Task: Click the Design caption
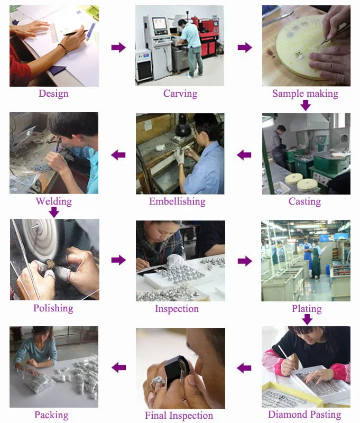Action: [53, 94]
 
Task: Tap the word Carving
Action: [180, 94]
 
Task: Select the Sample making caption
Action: [305, 94]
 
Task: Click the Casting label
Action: [304, 201]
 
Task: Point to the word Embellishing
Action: [178, 201]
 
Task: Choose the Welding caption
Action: [54, 201]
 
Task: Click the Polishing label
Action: [53, 308]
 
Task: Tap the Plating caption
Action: [307, 309]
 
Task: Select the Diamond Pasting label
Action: [304, 415]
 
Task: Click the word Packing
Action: [51, 415]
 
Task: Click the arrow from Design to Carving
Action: [118, 47]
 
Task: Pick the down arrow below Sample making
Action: [306, 105]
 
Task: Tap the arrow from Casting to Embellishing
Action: [244, 155]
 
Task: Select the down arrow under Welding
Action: [54, 212]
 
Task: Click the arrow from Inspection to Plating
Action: [245, 261]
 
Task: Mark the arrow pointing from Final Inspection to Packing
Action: [119, 367]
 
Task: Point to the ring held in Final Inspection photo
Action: [158, 382]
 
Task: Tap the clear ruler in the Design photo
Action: [54, 33]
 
